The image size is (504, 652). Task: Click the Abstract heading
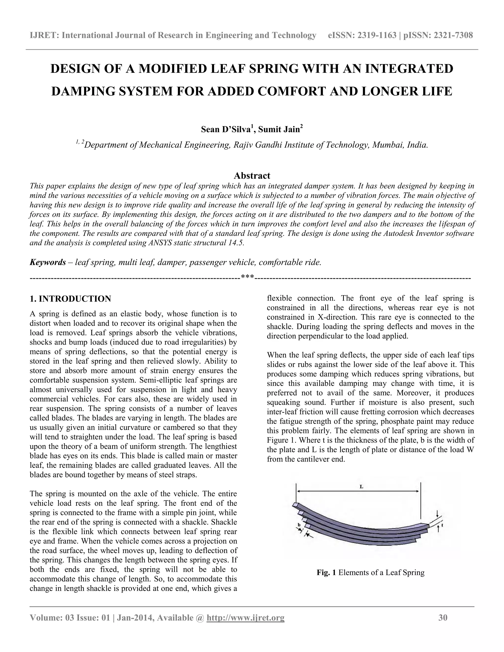point(252,175)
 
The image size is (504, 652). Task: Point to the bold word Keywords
point(48,263)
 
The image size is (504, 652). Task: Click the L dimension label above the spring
point(361,486)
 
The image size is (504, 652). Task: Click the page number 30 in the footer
point(443,618)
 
